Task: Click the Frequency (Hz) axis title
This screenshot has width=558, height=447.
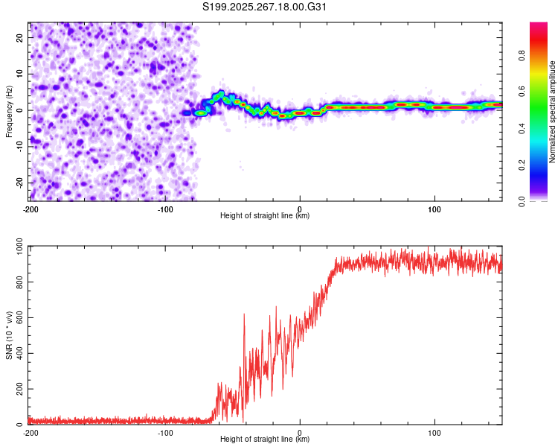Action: pos(9,111)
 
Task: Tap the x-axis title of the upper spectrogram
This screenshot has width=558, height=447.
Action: pos(265,215)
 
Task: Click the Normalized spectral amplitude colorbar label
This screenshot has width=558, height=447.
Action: pos(553,112)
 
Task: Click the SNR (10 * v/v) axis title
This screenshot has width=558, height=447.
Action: pos(9,335)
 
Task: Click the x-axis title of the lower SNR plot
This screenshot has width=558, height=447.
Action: pos(265,440)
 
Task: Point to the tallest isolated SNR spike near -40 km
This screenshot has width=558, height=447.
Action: pos(244,315)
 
